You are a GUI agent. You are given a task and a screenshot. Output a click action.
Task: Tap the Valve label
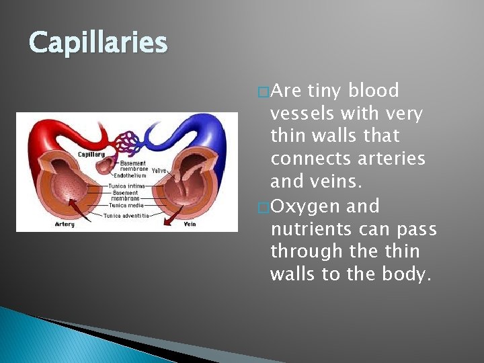159,170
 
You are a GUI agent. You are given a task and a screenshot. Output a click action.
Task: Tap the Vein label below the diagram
190,224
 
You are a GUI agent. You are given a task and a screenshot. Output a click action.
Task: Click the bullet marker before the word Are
264,91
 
